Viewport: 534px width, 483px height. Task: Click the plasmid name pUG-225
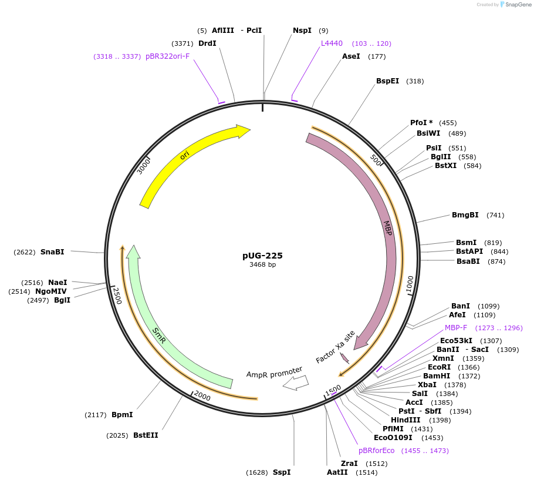[x=262, y=256]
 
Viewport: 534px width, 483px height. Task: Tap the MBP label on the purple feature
[x=387, y=228]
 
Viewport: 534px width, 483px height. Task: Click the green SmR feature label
[x=159, y=336]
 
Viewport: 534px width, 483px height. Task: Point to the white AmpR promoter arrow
[x=296, y=383]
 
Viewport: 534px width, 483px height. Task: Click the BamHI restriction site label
[x=437, y=376]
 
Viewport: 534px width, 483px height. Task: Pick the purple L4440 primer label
[x=332, y=43]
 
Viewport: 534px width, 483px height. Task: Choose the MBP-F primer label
[x=456, y=328]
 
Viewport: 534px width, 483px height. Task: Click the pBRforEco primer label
[x=377, y=451]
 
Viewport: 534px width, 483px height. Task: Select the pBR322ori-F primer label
[x=168, y=56]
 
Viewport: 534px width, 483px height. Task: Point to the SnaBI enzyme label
[x=52, y=252]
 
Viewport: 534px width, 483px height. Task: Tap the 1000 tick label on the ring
[x=410, y=284]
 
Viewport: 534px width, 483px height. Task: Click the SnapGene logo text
[x=516, y=5]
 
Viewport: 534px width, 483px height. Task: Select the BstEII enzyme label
[x=146, y=435]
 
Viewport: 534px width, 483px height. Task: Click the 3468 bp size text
[x=262, y=265]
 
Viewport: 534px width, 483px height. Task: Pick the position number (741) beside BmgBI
[x=495, y=215]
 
